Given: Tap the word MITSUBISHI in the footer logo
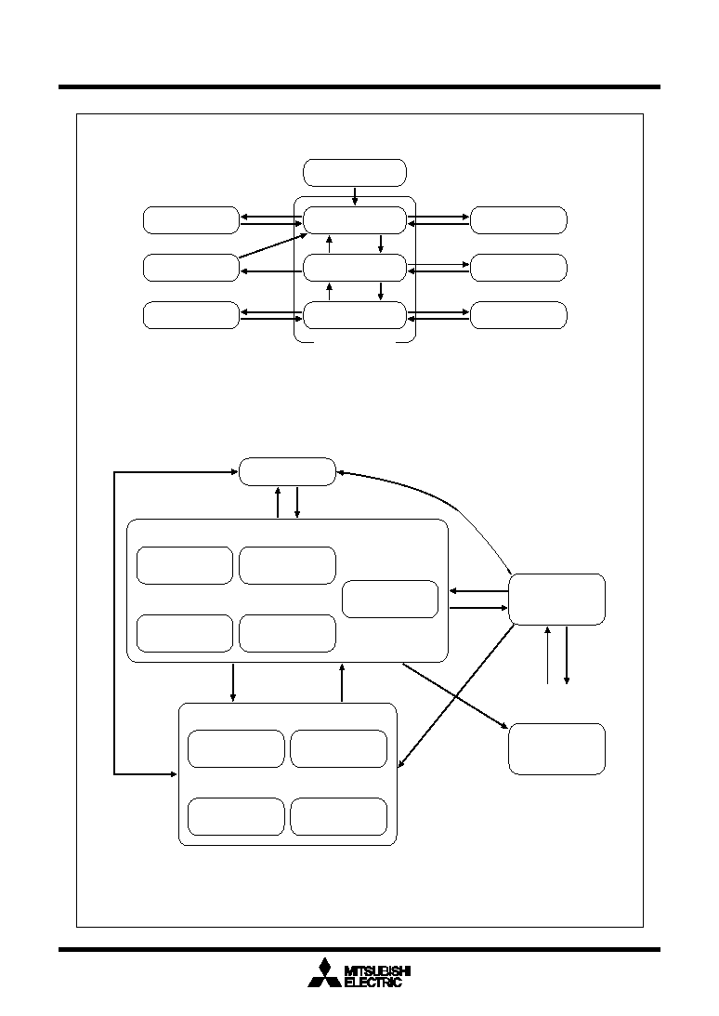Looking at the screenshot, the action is [x=377, y=970].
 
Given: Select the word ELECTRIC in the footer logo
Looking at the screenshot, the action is [x=373, y=983].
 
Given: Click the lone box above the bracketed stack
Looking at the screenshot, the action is [x=355, y=172].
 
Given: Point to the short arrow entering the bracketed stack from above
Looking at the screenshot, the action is [x=355, y=196].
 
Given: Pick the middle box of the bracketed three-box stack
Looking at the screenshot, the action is [x=355, y=268].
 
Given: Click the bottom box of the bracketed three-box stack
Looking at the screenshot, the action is [x=355, y=315].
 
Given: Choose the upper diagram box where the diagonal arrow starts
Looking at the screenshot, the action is [x=191, y=268].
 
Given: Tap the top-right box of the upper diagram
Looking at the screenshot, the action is [x=518, y=220].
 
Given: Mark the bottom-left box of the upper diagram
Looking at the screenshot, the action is [x=191, y=315].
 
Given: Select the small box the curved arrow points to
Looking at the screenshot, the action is [x=288, y=471].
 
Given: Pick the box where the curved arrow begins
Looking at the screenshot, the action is [x=557, y=600].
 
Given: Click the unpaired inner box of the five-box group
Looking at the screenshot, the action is [x=390, y=600].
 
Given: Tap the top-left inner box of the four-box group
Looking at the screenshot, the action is [x=236, y=748].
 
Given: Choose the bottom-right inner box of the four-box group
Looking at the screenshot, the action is [x=339, y=817].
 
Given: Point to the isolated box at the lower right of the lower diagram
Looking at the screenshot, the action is [x=557, y=749].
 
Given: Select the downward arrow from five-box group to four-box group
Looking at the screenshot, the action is [x=233, y=682].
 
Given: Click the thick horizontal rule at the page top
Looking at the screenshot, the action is [x=359, y=86].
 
